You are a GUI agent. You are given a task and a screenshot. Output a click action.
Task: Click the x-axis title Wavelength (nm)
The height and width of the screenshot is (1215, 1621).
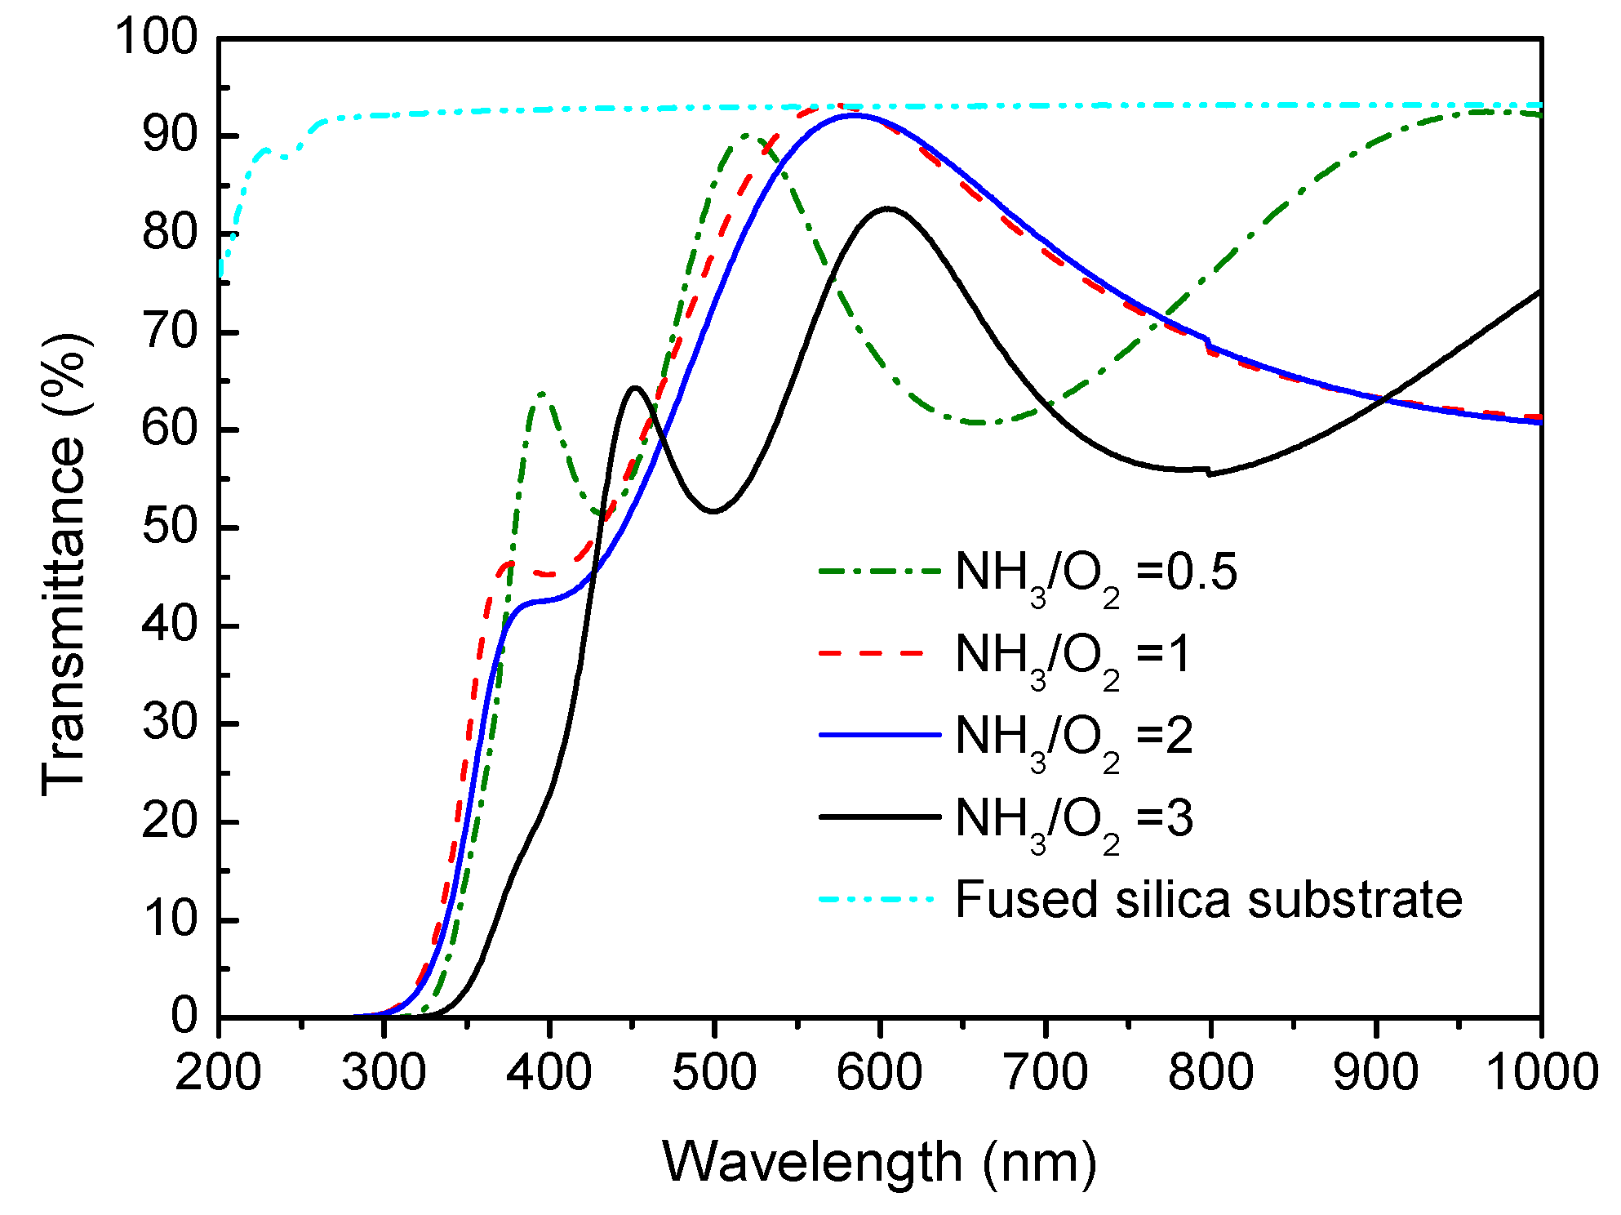point(879,1162)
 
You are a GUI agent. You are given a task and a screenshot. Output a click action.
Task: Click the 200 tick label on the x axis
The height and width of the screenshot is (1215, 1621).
point(218,1071)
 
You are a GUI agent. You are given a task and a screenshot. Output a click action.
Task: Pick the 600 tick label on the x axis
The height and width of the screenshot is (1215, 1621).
point(879,1071)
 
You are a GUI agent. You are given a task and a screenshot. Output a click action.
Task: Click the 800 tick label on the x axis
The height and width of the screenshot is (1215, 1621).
point(1210,1071)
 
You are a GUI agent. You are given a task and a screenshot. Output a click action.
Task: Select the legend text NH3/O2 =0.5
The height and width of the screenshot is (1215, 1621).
point(1095,573)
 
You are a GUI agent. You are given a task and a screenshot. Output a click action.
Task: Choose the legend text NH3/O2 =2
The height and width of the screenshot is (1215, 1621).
point(1073,737)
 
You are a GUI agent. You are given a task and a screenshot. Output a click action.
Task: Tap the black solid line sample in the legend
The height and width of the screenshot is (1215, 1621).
point(878,817)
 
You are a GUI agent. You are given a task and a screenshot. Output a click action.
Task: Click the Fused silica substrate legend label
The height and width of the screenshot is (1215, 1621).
point(1208,900)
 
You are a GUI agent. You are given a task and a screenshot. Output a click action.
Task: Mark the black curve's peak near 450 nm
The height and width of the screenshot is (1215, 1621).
point(635,387)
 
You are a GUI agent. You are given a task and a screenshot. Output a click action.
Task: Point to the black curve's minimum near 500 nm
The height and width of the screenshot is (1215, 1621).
point(714,512)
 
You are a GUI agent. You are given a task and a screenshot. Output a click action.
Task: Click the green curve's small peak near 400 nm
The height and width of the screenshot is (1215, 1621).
point(542,394)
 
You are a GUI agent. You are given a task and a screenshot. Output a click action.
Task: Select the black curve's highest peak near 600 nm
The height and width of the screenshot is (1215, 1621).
point(887,208)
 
